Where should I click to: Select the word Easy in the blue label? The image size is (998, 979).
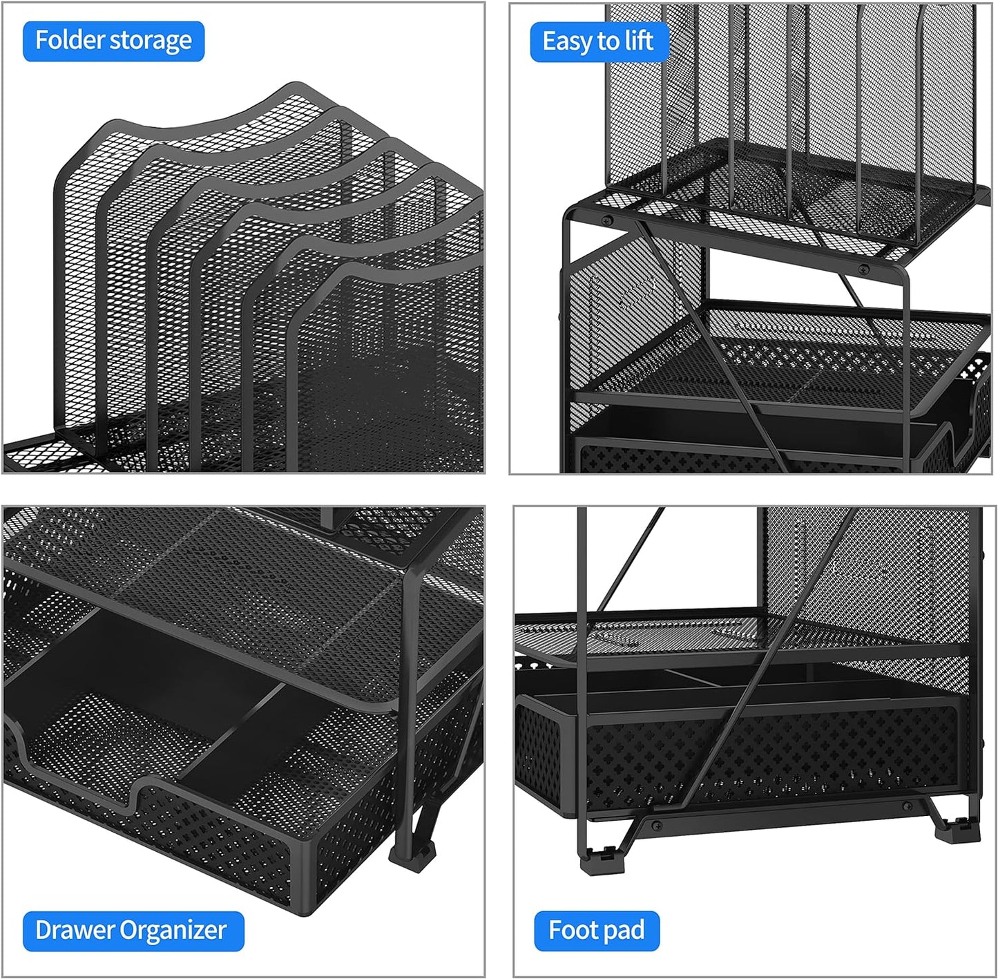[568, 41]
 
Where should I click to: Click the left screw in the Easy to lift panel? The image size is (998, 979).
[607, 221]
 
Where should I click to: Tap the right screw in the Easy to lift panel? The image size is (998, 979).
[863, 269]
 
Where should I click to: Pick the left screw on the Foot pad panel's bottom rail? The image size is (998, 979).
[655, 825]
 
